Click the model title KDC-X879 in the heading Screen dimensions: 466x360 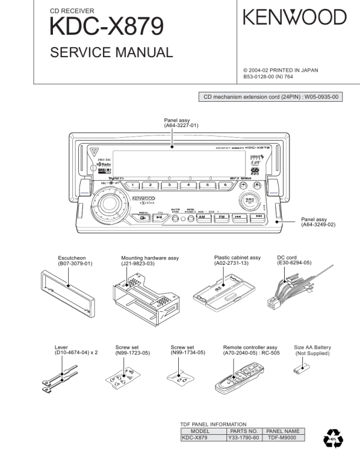[106, 26]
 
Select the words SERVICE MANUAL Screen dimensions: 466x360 [111, 52]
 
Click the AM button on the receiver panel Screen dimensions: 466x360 [203, 217]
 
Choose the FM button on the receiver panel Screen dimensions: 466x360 [221, 217]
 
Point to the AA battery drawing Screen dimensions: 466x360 [304, 370]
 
